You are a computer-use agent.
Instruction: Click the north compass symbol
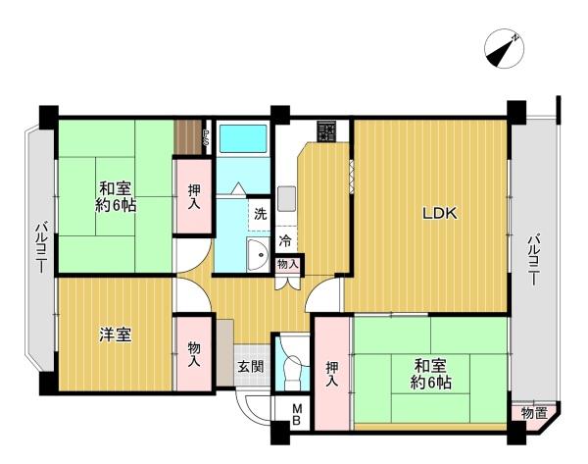point(504,49)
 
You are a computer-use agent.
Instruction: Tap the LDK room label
point(440,214)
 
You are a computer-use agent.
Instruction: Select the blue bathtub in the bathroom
point(243,138)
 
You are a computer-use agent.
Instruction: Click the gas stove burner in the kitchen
point(327,131)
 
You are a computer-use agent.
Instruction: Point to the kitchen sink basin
point(286,198)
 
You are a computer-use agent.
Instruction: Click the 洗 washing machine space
point(259,214)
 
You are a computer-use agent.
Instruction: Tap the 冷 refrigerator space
point(286,240)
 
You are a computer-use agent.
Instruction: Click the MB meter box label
point(297,414)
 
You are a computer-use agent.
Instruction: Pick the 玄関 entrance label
point(251,367)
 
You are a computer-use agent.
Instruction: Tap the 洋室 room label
point(115,335)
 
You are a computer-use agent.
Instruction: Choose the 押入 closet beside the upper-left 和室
point(194,197)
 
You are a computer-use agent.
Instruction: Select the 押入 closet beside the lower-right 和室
point(332,374)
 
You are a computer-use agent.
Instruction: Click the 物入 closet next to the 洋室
point(194,354)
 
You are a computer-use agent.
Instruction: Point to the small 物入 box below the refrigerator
point(288,264)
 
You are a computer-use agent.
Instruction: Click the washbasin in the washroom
point(258,254)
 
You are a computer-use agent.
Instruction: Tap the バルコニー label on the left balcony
point(41,248)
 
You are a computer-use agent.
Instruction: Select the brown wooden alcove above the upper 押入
point(189,137)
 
